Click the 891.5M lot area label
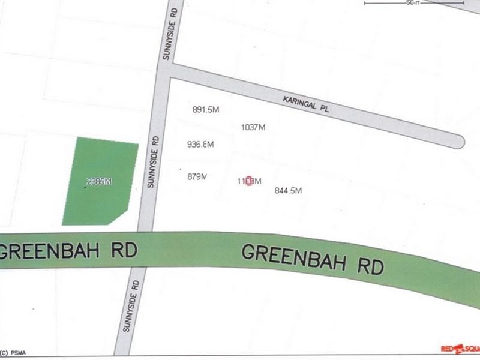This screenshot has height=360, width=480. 206,110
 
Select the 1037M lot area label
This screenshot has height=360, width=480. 253,127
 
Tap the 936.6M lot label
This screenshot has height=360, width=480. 200,145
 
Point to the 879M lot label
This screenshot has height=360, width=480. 197,176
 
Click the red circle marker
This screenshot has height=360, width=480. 250,181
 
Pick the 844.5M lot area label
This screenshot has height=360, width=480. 287,191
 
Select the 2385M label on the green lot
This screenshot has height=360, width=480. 100,181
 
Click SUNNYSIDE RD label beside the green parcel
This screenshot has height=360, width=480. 153,161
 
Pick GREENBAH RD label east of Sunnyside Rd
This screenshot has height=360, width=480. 313,260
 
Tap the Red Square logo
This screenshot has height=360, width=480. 459,348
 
